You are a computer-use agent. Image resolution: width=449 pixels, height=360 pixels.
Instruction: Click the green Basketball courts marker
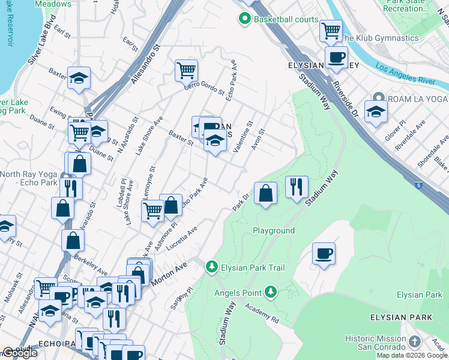point(244,20)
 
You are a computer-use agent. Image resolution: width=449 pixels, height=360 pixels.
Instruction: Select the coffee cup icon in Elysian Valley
point(336,58)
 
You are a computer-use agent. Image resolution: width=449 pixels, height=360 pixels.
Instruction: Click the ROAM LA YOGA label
point(415,98)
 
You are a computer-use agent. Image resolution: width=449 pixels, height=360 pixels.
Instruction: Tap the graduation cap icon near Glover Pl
point(376,112)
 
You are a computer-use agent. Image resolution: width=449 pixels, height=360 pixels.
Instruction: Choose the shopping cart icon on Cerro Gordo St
point(187,70)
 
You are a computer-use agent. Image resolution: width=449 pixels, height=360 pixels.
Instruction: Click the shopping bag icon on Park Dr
point(265,193)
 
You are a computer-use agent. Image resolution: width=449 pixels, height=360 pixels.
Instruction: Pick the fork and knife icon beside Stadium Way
point(297,187)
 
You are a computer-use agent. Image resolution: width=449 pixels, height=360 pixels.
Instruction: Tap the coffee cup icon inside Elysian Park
point(324,253)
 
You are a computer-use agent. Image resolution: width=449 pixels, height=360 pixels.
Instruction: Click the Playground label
point(273,230)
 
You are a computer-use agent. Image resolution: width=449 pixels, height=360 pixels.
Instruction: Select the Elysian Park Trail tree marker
point(211,266)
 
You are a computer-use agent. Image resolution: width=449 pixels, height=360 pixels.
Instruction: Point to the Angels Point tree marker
point(271,292)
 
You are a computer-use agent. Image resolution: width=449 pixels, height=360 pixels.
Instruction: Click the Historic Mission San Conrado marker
point(414,341)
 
